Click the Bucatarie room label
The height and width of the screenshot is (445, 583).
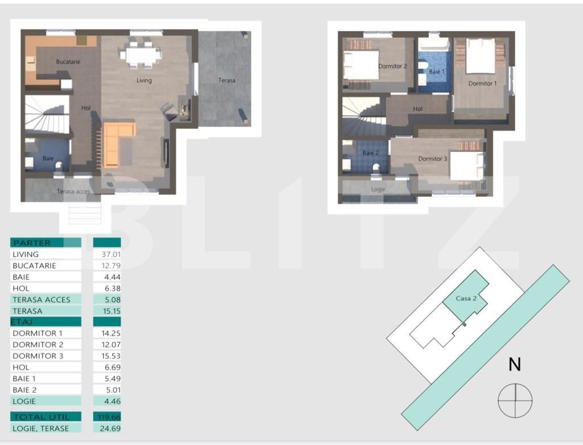click(68, 61)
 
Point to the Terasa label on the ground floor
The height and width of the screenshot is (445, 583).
click(227, 80)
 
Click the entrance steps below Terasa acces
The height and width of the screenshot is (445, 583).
click(85, 213)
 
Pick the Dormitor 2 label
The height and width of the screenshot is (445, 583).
click(392, 66)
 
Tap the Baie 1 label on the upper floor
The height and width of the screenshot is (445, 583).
click(437, 72)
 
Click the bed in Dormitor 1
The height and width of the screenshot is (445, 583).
click(481, 57)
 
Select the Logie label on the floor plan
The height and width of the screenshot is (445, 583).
click(378, 189)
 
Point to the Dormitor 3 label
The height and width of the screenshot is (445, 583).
click(432, 159)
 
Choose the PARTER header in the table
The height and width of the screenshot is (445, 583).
click(32, 243)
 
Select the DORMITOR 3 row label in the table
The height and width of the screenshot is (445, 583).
click(38, 356)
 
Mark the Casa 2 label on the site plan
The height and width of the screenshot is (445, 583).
click(466, 298)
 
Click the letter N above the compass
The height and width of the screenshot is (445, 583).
click(515, 364)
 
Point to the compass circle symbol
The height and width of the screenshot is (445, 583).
click(515, 400)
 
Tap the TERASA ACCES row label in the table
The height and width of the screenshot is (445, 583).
click(42, 299)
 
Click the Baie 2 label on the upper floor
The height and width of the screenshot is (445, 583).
click(370, 153)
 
